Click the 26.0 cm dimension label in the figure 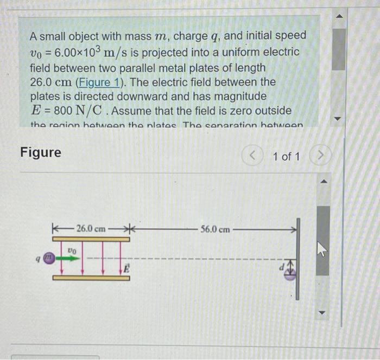coord(91,228)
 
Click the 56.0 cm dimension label coord(214,229)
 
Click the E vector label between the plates coord(124,268)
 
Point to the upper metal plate coord(91,239)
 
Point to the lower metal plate coord(91,278)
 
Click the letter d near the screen coord(282,267)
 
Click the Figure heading coord(41,152)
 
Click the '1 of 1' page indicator coord(286,157)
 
